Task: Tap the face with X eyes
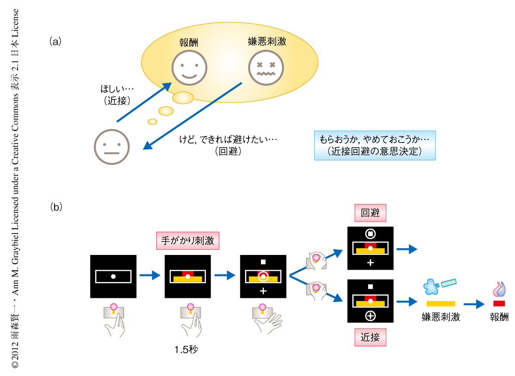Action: click(x=266, y=68)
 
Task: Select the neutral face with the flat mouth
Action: click(x=112, y=146)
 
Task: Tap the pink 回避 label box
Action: click(x=370, y=212)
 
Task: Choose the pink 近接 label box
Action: click(x=370, y=337)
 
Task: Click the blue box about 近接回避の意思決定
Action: click(x=375, y=146)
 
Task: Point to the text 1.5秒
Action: click(x=186, y=349)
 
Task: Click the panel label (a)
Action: click(x=56, y=41)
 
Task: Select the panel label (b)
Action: click(x=56, y=207)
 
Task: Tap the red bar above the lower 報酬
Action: click(x=499, y=303)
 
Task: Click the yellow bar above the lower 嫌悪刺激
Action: click(x=441, y=303)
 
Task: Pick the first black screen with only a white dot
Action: click(x=113, y=276)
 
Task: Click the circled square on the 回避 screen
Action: click(x=370, y=234)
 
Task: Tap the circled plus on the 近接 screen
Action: click(x=370, y=316)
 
